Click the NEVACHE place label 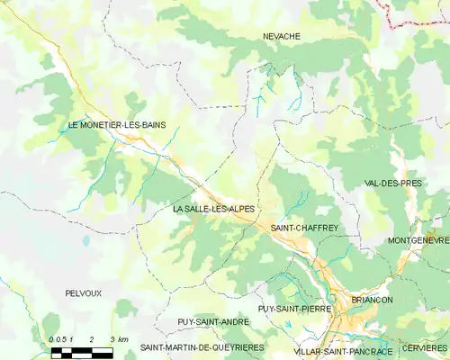[x=281, y=36]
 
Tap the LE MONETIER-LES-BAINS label [x=117, y=125]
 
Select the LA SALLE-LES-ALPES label [x=212, y=209]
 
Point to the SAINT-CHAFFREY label [x=304, y=229]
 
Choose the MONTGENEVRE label [x=418, y=241]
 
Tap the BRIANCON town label [x=372, y=300]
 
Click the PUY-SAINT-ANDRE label [x=213, y=321]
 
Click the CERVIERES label [x=424, y=348]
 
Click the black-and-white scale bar [x=81, y=351]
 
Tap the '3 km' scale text [x=118, y=338]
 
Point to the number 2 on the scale [x=92, y=338]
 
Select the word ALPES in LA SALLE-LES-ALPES [x=237, y=209]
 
